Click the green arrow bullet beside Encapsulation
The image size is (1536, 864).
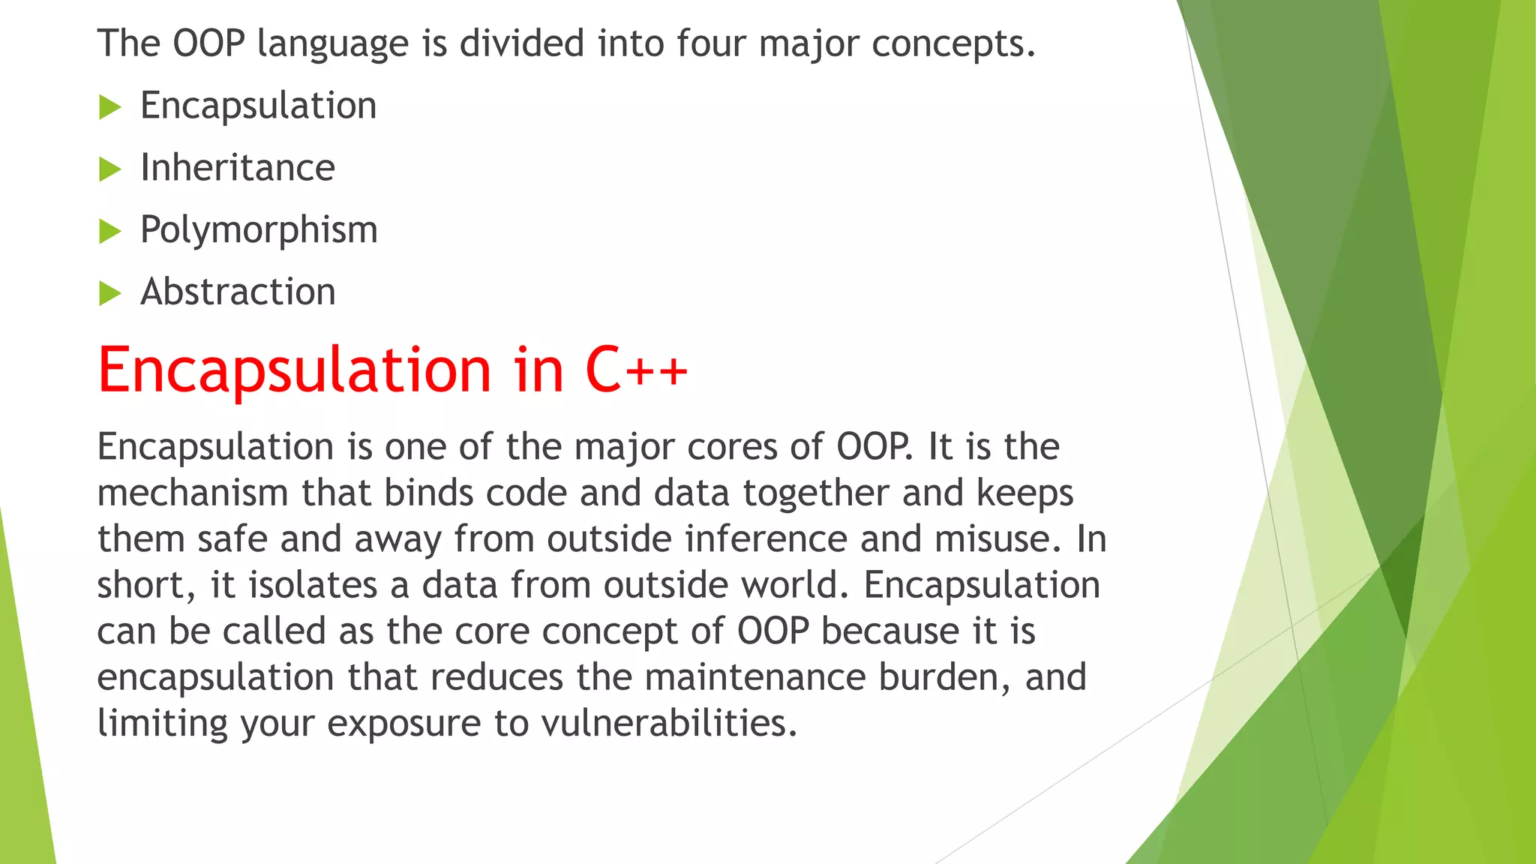pos(109,107)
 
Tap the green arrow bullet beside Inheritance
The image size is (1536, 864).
pos(109,169)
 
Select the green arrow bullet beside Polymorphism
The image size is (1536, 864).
pos(109,232)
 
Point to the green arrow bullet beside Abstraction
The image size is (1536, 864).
pos(109,293)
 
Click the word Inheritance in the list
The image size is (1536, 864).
pos(238,167)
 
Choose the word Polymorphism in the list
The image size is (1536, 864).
pos(259,229)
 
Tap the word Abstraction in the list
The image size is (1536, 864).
pos(238,292)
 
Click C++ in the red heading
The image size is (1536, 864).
pos(636,369)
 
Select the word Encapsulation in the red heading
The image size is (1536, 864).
pos(295,370)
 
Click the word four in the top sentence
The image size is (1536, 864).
pos(710,43)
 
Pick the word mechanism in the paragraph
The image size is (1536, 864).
pos(193,493)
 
